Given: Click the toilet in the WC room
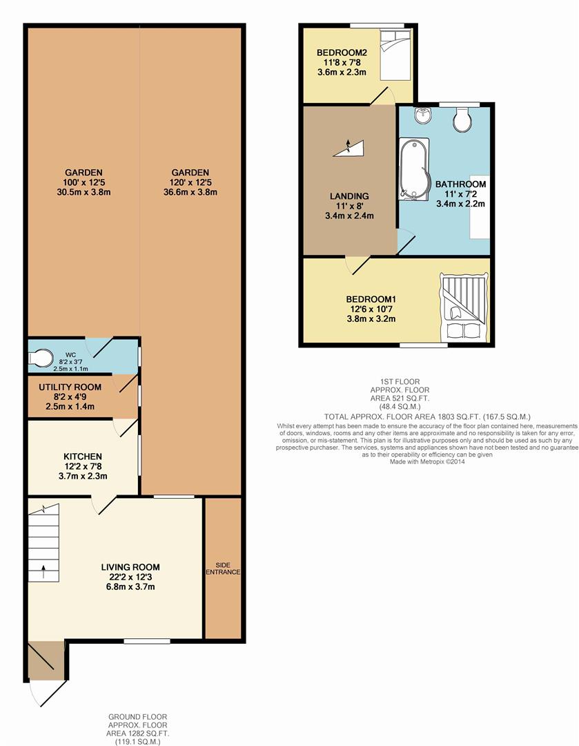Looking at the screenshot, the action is pyautogui.click(x=41, y=358).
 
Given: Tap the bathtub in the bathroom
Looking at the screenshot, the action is pyautogui.click(x=413, y=168).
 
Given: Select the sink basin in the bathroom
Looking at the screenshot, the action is pyautogui.click(x=422, y=115).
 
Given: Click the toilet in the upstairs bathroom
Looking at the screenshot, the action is pyautogui.click(x=462, y=119).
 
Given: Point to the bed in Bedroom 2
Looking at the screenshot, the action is pyautogui.click(x=395, y=55).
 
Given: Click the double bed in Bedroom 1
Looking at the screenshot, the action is pyautogui.click(x=464, y=307).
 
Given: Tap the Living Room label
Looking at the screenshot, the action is pyautogui.click(x=130, y=567).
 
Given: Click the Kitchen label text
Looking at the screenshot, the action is pyautogui.click(x=83, y=457).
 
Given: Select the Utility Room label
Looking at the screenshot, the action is pyautogui.click(x=70, y=388).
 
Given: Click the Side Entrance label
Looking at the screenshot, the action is pyautogui.click(x=223, y=568).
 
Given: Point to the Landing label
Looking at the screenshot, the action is pyautogui.click(x=349, y=196).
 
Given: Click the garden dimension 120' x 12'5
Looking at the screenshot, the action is pyautogui.click(x=190, y=182).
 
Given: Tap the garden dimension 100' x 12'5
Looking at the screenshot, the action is pyautogui.click(x=84, y=182).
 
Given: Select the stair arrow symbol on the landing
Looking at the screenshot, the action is pyautogui.click(x=349, y=148).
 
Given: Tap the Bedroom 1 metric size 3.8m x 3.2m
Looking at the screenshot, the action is pyautogui.click(x=371, y=318).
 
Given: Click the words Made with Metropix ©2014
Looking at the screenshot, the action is pyautogui.click(x=427, y=461).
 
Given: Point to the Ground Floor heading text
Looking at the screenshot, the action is pyautogui.click(x=138, y=716).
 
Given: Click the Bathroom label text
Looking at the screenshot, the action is pyautogui.click(x=460, y=184).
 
